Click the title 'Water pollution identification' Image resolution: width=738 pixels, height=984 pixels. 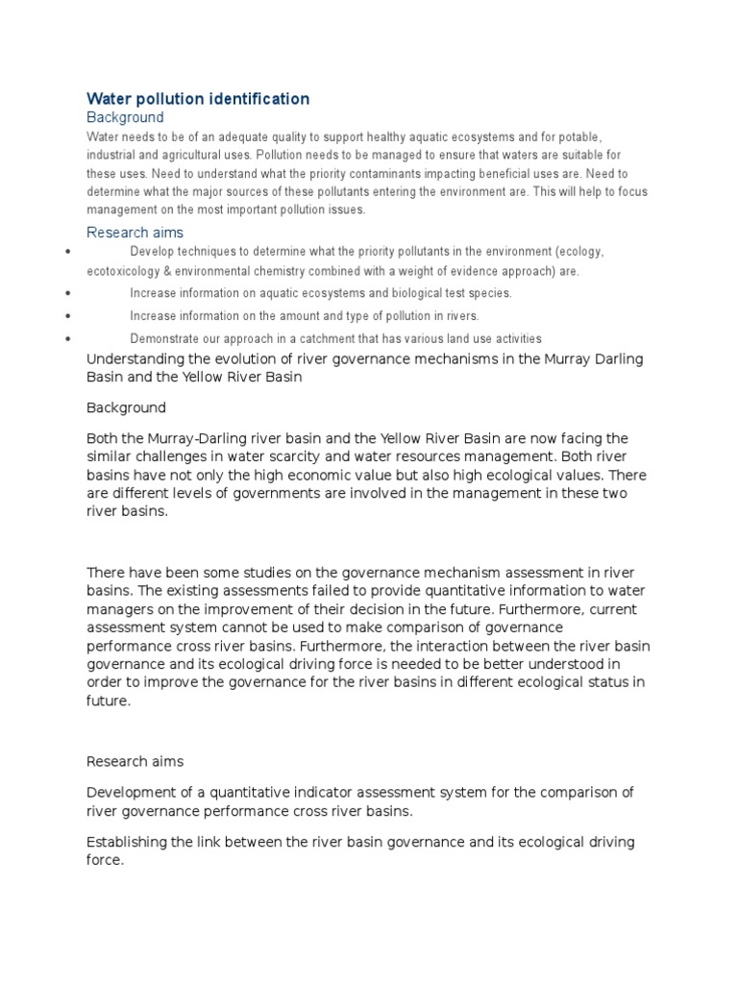point(198,99)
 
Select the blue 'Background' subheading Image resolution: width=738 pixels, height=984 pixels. point(125,117)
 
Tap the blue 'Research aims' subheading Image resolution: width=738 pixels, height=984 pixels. point(135,232)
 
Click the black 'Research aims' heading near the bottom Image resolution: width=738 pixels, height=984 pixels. point(135,761)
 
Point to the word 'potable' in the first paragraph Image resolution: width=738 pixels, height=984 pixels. point(575,137)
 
